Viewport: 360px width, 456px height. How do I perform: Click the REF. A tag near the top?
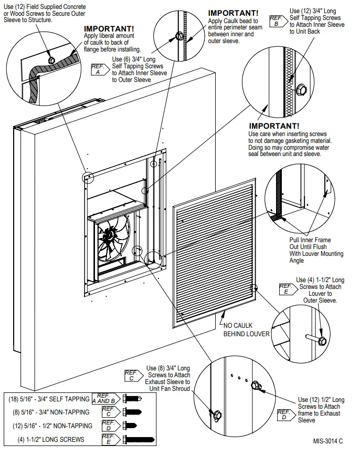point(98,69)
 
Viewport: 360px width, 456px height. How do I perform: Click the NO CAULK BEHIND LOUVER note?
point(246,330)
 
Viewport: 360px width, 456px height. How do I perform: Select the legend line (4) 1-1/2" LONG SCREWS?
point(51,439)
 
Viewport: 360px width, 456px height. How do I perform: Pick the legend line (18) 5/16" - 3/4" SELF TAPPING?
point(49,399)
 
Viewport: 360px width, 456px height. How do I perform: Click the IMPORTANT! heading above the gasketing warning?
point(274,126)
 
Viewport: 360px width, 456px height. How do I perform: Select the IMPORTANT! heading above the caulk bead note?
point(233,13)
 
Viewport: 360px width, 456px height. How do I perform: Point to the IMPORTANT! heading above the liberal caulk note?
point(109,28)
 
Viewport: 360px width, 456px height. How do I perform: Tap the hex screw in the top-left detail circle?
point(51,60)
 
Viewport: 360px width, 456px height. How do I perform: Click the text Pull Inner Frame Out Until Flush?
point(310,243)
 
